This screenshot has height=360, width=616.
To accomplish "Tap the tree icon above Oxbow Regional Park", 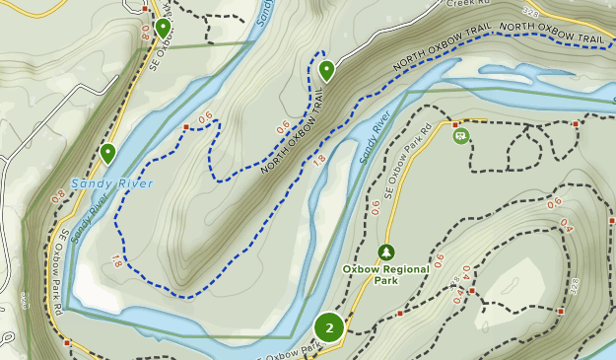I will click(385, 252).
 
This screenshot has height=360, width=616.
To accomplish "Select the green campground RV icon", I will click(460, 135).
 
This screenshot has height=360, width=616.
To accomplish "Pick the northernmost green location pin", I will click(163, 28).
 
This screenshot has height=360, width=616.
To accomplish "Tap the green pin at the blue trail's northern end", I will click(325, 70).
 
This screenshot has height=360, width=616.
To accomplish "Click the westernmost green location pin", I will click(107, 153).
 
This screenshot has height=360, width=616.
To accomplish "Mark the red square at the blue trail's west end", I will click(185, 126).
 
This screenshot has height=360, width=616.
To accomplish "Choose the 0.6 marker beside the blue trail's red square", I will click(205, 119).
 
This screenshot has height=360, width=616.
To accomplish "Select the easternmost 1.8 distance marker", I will click(319, 159).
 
